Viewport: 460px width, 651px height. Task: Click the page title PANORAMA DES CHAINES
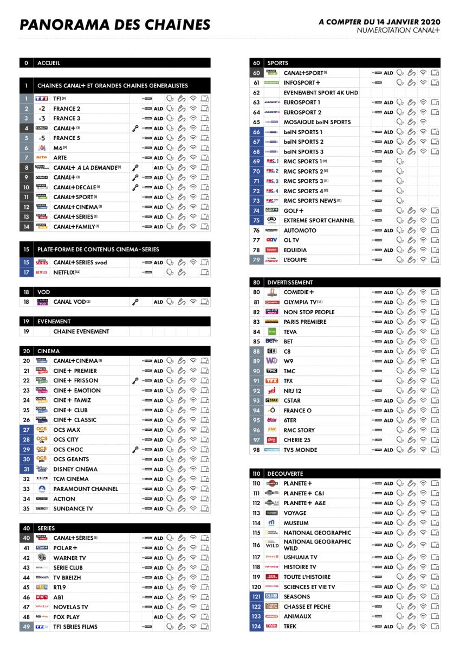[x=115, y=24]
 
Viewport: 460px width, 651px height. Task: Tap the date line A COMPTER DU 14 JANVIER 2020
[x=379, y=22]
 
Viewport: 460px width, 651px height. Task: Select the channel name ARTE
[x=60, y=157]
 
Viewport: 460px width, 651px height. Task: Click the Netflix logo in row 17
[x=42, y=272]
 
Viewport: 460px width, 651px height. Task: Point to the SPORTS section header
[x=278, y=63]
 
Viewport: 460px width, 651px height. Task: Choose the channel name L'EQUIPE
[x=295, y=260]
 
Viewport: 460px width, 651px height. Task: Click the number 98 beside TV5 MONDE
[x=256, y=450]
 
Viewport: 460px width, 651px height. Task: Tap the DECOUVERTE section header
[x=285, y=474]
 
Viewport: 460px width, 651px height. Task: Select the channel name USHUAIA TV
[x=300, y=557]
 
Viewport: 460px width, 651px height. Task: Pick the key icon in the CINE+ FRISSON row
[x=135, y=381]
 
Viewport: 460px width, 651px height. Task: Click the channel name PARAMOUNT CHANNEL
[x=85, y=489]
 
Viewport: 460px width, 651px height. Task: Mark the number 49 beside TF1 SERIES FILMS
[x=26, y=627]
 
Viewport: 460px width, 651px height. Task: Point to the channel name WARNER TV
[x=69, y=558]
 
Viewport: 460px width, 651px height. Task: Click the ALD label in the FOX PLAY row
[x=158, y=617]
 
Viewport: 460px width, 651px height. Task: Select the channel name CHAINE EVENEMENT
[x=81, y=331]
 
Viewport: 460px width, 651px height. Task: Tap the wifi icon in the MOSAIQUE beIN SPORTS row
[x=423, y=122]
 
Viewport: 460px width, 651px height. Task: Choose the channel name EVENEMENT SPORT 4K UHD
[x=321, y=93]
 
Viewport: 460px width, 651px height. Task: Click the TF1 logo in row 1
[x=42, y=99]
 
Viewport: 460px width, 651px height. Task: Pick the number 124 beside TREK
[x=256, y=626]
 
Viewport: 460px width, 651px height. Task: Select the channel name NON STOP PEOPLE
[x=309, y=312]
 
